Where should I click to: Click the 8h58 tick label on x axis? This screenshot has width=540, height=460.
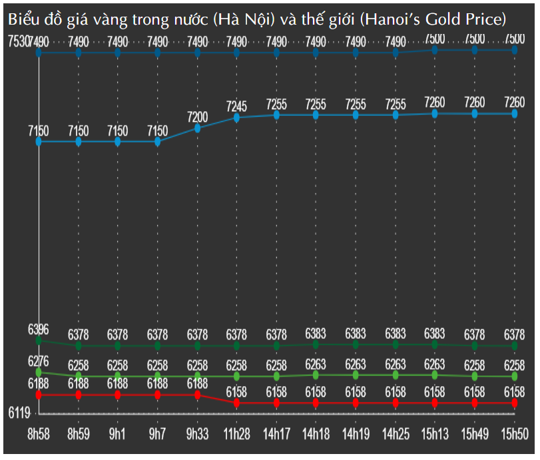tap(38, 433)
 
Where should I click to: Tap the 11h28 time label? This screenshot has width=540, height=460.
tap(237, 433)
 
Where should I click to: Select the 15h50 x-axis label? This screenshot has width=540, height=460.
tap(515, 433)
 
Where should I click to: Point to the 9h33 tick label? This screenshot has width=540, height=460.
tap(197, 433)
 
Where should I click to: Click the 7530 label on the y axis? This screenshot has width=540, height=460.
tap(18, 42)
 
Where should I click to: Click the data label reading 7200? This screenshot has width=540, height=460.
tap(197, 117)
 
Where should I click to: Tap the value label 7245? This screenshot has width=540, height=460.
tap(237, 106)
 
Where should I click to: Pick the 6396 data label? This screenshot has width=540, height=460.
tap(38, 329)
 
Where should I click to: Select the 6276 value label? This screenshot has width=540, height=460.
tap(38, 360)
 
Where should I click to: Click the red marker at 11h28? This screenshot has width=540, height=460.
tap(237, 403)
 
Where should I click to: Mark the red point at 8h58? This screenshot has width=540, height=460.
tap(39, 395)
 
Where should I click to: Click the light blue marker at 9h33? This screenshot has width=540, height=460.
tap(197, 128)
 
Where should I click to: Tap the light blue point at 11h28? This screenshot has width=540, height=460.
tap(237, 118)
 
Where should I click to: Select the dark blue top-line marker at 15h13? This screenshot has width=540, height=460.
tap(435, 50)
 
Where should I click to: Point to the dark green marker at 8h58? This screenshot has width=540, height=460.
tap(39, 340)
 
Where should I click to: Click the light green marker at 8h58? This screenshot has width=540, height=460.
tap(39, 372)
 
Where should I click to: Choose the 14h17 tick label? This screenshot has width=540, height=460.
tap(276, 433)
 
